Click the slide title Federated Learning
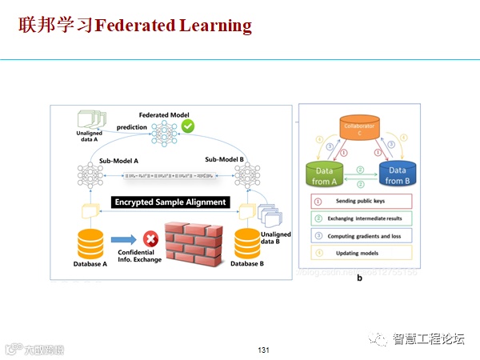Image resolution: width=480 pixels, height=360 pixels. [134, 26]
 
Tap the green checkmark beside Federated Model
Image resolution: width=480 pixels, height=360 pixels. [188, 126]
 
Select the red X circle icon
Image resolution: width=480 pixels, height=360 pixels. [149, 238]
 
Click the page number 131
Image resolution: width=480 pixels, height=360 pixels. [264, 350]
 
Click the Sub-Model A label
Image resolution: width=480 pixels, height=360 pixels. [118, 161]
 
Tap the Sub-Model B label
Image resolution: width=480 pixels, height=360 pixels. [223, 160]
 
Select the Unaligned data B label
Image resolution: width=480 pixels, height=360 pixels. [276, 238]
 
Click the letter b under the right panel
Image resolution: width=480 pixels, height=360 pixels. [359, 278]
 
